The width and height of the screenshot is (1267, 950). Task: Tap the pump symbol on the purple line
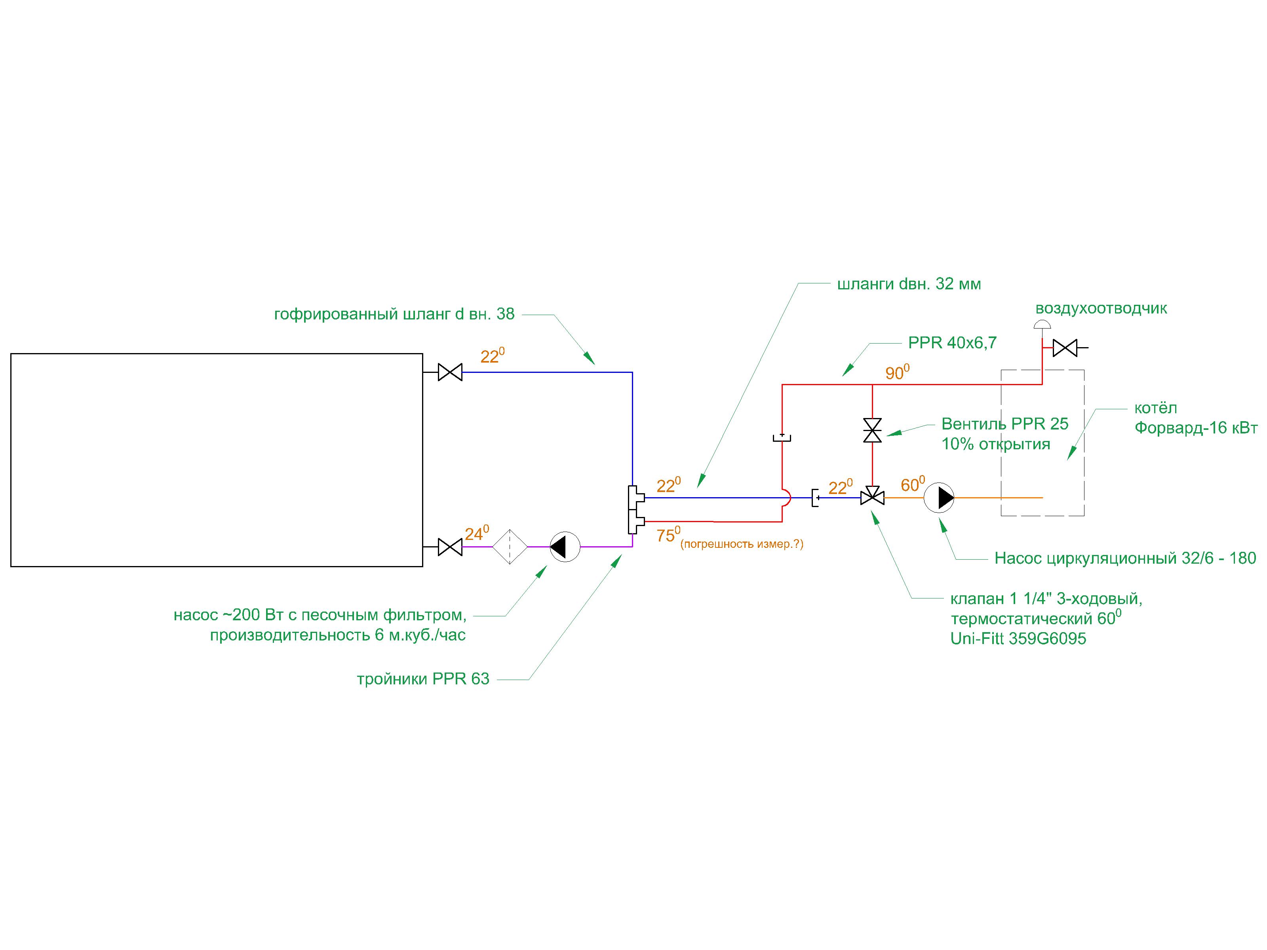tap(565, 547)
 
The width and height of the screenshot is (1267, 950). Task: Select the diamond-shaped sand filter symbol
tap(510, 547)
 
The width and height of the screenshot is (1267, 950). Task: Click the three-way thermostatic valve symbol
tap(872, 497)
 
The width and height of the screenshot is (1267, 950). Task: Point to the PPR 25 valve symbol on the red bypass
tap(872, 430)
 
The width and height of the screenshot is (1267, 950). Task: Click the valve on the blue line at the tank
tap(450, 372)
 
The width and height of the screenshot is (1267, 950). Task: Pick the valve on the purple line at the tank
tap(450, 547)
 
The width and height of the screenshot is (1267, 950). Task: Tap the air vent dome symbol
tap(1043, 325)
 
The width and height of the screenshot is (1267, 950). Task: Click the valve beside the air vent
tap(1065, 348)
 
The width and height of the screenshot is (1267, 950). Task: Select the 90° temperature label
tap(896, 373)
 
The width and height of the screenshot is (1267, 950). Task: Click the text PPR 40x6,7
tap(952, 343)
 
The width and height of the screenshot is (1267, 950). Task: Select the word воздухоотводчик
tap(1101, 309)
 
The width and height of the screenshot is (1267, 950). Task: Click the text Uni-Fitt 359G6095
tap(1018, 639)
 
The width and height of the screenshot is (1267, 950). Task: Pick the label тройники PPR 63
tap(423, 679)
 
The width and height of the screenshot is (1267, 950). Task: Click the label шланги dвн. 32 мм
tap(909, 284)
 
